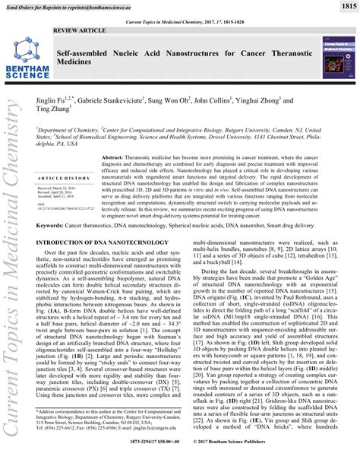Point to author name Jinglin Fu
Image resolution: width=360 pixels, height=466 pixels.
[x=74, y=100]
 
